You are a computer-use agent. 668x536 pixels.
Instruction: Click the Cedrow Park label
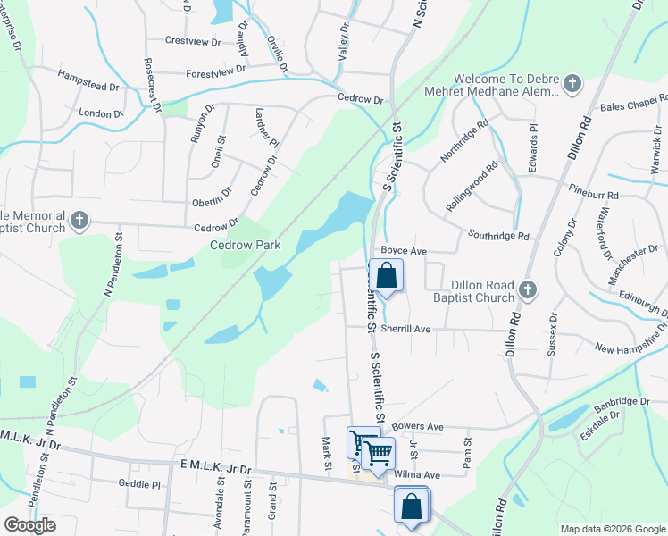tap(245, 245)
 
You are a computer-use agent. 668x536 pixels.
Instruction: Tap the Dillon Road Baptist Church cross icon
tap(528, 289)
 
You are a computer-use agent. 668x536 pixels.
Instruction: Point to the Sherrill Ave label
tap(405, 330)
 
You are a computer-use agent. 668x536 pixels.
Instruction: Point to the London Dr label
tap(100, 113)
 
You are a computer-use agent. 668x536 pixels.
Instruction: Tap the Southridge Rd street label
tap(499, 237)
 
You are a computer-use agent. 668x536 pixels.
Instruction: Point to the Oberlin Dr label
tap(213, 203)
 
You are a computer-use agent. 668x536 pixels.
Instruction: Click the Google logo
tap(29, 525)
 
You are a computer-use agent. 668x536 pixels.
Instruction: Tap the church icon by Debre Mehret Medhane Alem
tap(572, 85)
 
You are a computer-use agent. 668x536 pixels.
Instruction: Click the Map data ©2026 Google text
tap(612, 529)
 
